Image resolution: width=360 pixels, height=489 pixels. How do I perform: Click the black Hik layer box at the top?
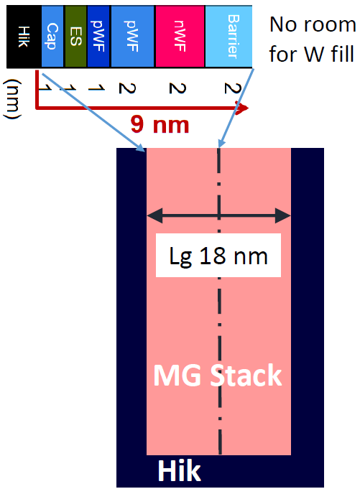(24, 37)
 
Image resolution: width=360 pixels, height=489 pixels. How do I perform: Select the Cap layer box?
(52, 37)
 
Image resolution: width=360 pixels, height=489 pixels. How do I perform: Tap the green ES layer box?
(75, 37)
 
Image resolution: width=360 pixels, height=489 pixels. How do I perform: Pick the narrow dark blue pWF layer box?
(98, 37)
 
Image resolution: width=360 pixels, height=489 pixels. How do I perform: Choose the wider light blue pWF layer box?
(133, 37)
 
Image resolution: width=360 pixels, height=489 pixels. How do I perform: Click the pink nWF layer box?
(180, 37)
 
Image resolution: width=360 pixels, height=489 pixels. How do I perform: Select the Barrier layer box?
(229, 37)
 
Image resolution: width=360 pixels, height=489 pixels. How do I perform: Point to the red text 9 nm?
(160, 124)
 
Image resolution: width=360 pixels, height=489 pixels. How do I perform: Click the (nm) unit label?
(12, 99)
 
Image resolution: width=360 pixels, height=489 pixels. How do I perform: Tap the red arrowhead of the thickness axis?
(242, 108)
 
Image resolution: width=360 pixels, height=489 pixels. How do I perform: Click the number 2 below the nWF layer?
(177, 88)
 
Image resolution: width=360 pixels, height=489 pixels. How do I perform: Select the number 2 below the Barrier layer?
(233, 88)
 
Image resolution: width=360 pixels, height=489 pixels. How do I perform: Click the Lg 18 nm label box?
(218, 256)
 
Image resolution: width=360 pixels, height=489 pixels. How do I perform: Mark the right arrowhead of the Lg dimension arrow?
(283, 215)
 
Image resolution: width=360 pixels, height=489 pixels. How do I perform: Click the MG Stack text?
(218, 375)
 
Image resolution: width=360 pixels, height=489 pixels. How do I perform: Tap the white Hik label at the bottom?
(179, 471)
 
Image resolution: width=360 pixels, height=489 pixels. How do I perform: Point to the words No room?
(313, 24)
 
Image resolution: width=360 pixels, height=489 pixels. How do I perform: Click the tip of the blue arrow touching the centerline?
(219, 147)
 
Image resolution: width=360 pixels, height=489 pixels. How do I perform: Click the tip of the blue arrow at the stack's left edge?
(145, 152)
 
